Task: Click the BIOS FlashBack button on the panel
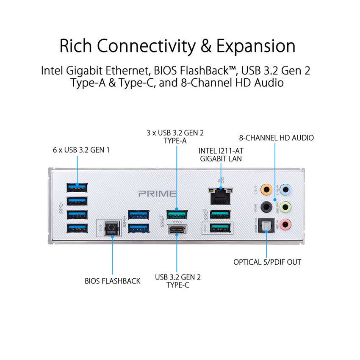coord(112,227)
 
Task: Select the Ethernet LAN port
coord(220,195)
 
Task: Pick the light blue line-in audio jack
coord(286,190)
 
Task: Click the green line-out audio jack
coord(286,207)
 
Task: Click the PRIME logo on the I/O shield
coord(157,194)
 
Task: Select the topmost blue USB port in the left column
coord(77,187)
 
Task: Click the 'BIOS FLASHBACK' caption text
coord(112,281)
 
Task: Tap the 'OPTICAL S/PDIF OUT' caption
coord(267,262)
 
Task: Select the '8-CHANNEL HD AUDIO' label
coord(276,138)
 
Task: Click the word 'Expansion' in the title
coord(256,46)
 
